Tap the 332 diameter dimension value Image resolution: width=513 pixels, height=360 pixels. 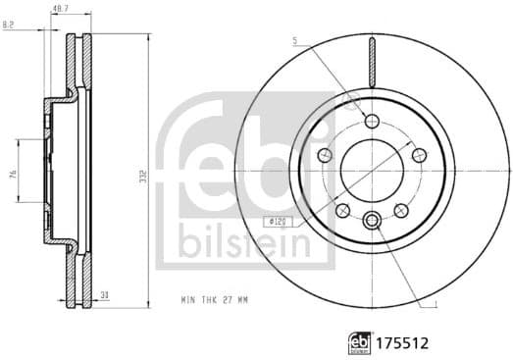click(145, 175)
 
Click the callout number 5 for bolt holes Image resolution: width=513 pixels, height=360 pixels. click(293, 41)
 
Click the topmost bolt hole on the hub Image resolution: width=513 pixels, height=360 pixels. click(371, 121)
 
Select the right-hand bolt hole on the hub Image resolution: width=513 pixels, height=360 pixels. click(419, 154)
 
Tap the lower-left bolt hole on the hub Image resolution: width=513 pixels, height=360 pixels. click(342, 210)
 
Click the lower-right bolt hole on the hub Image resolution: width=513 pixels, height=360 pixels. click(401, 210)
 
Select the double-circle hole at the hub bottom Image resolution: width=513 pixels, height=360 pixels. click(372, 220)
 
